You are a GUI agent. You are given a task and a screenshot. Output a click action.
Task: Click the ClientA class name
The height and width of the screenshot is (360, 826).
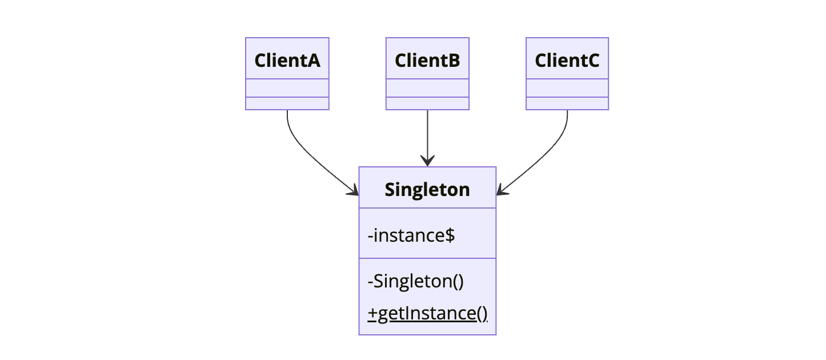(287, 60)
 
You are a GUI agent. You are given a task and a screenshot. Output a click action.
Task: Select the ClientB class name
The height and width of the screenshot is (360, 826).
(427, 60)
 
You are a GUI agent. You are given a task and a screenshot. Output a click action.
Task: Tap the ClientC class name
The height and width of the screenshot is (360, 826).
(567, 60)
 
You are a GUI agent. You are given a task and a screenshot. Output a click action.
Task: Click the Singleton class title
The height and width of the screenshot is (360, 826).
(427, 189)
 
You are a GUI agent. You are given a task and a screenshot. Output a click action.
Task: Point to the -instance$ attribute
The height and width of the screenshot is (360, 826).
(411, 235)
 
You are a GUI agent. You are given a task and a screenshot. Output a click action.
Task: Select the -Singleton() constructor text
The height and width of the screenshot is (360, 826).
(416, 281)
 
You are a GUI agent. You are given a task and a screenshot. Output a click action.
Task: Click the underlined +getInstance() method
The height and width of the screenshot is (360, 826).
(428, 313)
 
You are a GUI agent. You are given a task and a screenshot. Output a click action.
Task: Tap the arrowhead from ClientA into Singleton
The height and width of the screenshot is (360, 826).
(354, 191)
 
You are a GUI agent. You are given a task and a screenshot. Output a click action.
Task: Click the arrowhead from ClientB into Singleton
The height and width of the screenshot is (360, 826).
(427, 161)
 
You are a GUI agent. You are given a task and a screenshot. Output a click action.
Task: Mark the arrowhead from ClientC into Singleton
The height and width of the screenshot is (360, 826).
(502, 191)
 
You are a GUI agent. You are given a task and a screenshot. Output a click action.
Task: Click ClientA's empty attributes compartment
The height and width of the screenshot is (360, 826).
(287, 88)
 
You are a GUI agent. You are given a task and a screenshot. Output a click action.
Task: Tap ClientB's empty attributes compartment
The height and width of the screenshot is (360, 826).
(427, 88)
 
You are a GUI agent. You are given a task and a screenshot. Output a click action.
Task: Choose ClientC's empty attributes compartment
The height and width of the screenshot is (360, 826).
(567, 88)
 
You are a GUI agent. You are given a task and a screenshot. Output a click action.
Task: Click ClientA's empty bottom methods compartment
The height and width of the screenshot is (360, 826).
(287, 103)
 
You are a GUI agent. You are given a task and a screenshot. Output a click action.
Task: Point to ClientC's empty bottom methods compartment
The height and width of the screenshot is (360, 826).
(567, 103)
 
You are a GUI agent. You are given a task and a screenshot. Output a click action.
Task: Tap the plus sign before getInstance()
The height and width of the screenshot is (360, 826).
(373, 314)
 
